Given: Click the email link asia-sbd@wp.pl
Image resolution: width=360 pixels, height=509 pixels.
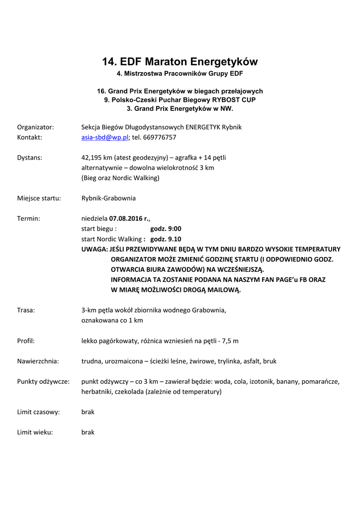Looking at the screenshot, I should (105, 137).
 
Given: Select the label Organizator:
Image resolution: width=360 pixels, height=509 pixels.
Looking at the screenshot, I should (36, 127).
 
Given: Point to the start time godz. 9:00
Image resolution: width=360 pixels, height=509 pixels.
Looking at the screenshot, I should (166, 229).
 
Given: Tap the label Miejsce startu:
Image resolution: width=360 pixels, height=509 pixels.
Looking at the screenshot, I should (39, 198).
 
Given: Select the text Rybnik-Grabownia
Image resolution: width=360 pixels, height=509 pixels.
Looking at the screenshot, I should (108, 198).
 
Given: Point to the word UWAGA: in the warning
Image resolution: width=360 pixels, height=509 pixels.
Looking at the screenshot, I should (94, 249).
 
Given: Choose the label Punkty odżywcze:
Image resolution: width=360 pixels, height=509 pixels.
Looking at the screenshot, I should (43, 382).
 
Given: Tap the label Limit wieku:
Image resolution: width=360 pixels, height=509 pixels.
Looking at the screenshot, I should (35, 432).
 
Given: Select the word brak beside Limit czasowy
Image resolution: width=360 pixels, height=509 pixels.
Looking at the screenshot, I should (88, 412).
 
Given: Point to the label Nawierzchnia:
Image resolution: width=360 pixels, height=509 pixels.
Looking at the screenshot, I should (38, 361).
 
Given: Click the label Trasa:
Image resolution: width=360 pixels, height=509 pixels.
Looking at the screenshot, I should (26, 310).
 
